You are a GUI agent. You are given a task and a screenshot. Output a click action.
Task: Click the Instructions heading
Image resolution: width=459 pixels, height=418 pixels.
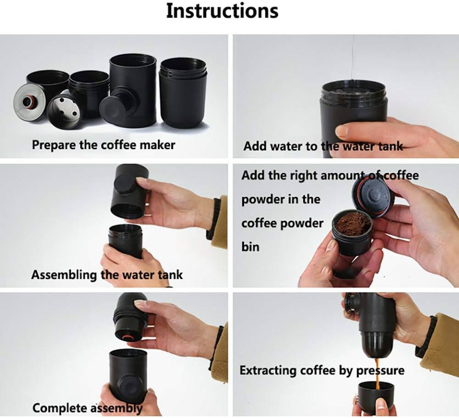(x=222, y=11)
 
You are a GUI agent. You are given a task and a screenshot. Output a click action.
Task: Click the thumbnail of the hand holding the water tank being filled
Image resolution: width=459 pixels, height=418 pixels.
(x=346, y=96)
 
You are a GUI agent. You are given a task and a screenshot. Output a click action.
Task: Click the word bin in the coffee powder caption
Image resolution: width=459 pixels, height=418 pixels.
(x=251, y=247)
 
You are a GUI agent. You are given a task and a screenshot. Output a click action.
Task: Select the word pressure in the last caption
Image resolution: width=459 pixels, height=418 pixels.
(x=380, y=371)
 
